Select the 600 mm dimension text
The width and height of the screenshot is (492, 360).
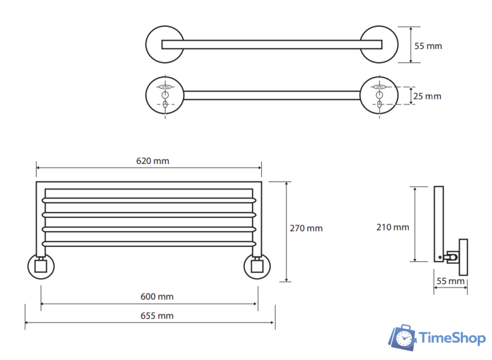click(157, 297)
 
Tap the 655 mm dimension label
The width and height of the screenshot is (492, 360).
click(157, 316)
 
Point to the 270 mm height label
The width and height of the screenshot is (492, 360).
click(306, 228)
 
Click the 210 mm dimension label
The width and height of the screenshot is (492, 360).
click(392, 227)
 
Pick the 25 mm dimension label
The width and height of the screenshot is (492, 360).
click(428, 96)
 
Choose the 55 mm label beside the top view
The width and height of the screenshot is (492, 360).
click(428, 46)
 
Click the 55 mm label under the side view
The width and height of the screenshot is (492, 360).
click(450, 282)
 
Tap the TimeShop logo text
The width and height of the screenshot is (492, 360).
click(450, 338)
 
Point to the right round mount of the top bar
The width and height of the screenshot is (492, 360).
click(377, 44)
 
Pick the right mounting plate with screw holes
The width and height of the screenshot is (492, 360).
click(378, 95)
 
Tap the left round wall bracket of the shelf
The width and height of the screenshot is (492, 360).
click(41, 267)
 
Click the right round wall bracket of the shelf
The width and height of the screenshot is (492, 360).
click(257, 267)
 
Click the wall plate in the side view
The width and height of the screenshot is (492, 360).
click(463, 256)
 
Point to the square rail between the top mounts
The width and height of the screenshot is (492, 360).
click(269, 44)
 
